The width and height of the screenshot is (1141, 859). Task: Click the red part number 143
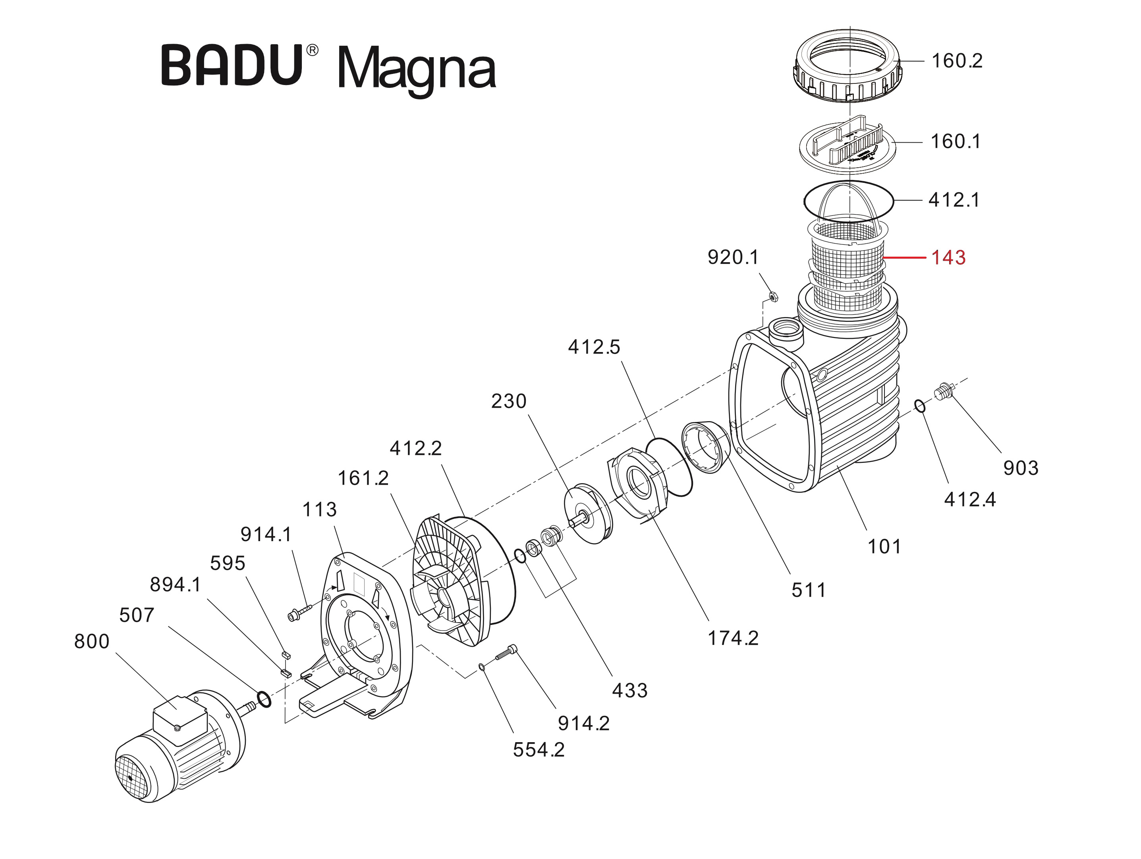948,257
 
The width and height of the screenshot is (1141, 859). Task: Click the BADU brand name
232,66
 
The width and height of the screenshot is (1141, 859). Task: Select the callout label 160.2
957,61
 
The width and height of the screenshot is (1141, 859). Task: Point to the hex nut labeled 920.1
773,297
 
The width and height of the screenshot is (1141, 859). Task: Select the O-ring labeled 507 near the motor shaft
264,700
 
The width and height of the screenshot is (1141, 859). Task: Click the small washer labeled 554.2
481,667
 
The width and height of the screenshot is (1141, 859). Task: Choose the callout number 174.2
733,639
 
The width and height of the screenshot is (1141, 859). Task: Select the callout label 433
629,690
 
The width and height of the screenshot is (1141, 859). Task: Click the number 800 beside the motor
92,641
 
